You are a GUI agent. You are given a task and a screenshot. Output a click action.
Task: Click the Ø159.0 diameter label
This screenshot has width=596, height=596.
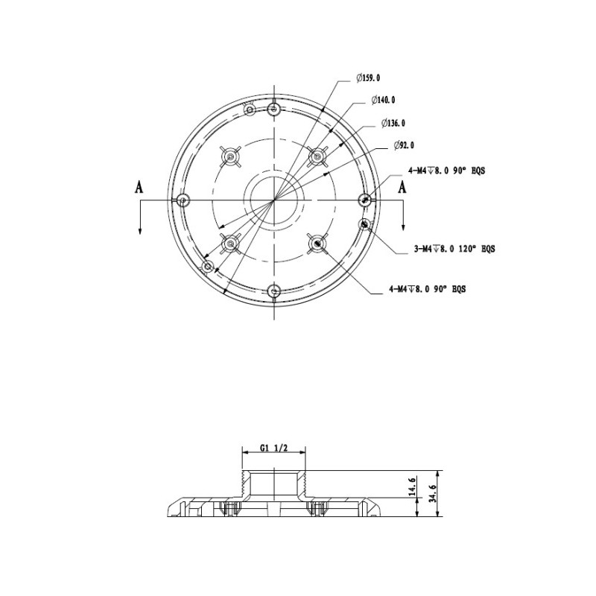[x=369, y=77]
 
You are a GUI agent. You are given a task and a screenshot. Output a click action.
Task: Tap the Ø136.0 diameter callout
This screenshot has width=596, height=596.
[x=393, y=123]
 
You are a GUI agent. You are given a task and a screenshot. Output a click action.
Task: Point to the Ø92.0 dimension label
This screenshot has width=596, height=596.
[x=403, y=145]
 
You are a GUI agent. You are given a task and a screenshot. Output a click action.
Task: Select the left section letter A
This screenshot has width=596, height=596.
[x=139, y=188]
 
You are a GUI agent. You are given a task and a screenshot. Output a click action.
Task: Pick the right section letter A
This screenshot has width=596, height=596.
[x=403, y=188]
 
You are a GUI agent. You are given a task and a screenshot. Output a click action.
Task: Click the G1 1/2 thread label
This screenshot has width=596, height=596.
[x=274, y=448]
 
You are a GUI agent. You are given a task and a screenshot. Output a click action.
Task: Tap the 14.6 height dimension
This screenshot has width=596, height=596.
[x=412, y=486]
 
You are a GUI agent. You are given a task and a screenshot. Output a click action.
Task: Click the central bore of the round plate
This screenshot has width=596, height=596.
[x=275, y=200]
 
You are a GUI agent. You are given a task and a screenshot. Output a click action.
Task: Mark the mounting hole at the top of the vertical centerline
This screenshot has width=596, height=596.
[x=275, y=110]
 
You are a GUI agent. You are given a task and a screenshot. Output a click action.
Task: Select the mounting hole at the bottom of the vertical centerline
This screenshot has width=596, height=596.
[x=275, y=290]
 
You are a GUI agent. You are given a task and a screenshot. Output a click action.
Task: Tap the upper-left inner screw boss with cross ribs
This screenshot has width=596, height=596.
[x=232, y=157]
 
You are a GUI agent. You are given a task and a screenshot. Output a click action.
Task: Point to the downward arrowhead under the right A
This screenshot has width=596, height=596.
[x=403, y=229]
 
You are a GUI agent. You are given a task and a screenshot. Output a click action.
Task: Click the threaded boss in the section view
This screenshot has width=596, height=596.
[x=275, y=484]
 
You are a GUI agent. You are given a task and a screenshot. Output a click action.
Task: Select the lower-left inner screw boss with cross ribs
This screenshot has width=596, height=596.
[x=232, y=243]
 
